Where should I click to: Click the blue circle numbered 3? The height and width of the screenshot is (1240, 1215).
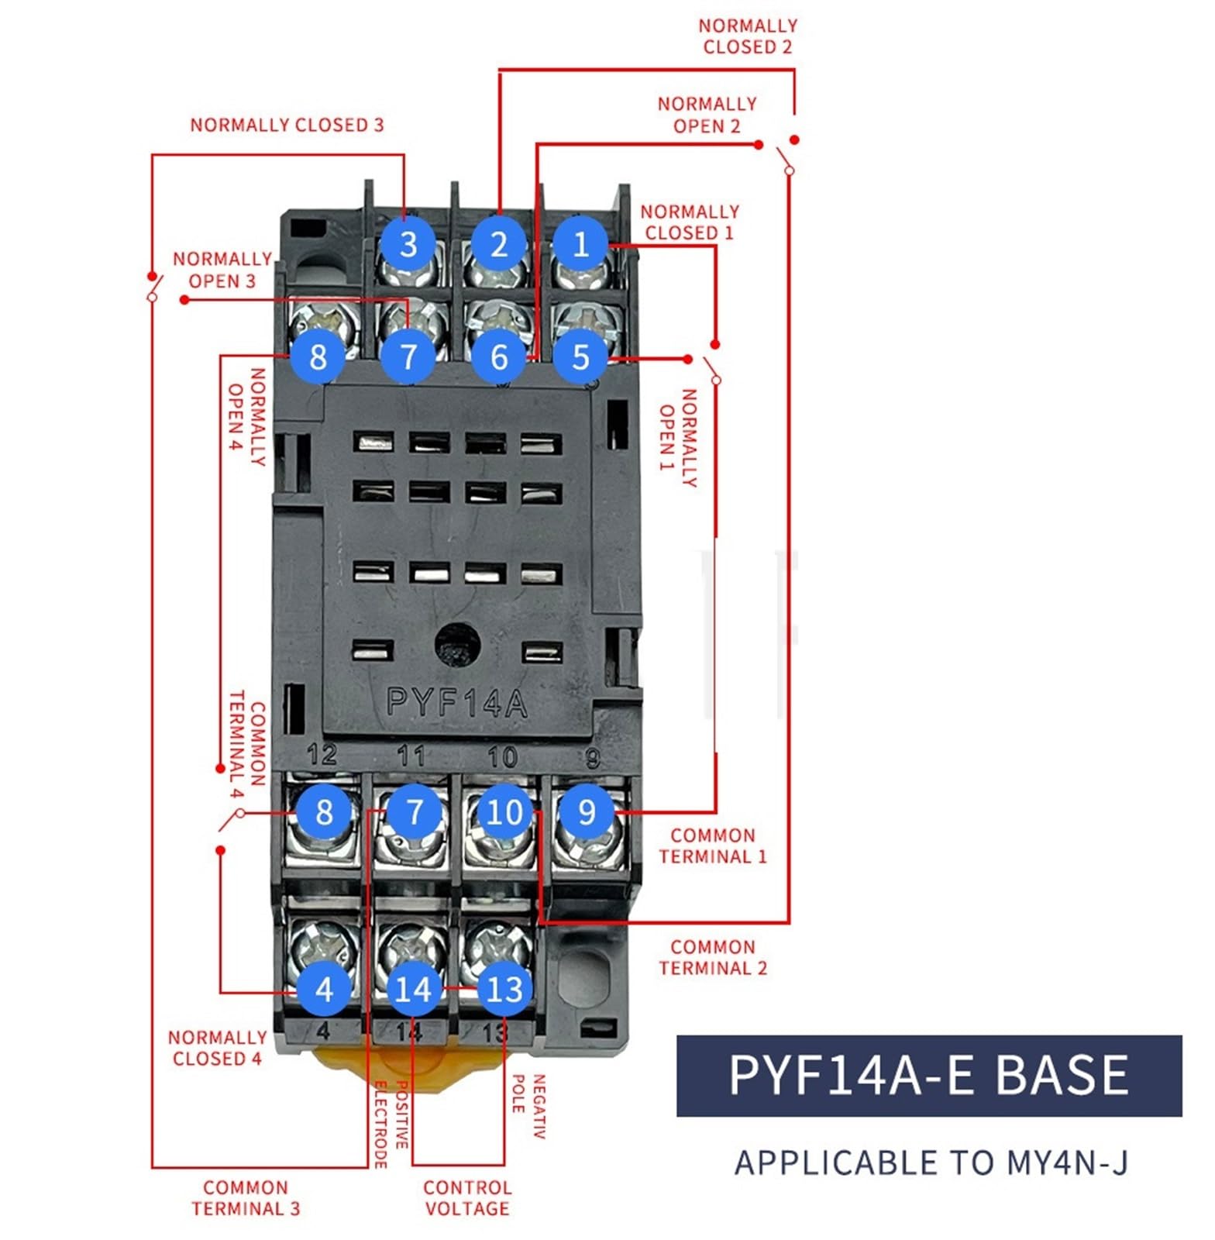[x=408, y=244]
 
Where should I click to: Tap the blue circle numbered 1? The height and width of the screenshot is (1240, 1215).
[x=580, y=244]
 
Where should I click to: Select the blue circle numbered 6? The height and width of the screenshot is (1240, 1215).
[x=498, y=356]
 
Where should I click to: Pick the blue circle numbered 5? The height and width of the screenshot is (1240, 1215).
[x=580, y=356]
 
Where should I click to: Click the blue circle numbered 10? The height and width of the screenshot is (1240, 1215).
[x=504, y=811]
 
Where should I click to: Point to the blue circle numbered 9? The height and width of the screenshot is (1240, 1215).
[x=587, y=811]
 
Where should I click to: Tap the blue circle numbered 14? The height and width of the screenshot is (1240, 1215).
[x=413, y=989]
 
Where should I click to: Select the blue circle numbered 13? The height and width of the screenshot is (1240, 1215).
[x=504, y=989]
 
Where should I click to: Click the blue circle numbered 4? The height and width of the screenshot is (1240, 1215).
[x=324, y=989]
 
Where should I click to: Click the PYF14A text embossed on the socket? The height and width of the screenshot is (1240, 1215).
[x=457, y=703]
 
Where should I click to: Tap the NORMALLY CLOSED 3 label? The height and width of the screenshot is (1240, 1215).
[x=287, y=125]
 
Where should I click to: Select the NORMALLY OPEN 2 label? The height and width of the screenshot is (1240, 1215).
[x=707, y=115]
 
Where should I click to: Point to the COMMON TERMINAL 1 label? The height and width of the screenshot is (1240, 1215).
[x=712, y=846]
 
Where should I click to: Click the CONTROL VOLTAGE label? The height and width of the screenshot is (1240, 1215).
[x=467, y=1197]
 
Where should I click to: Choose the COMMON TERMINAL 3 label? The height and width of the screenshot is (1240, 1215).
[x=246, y=1197]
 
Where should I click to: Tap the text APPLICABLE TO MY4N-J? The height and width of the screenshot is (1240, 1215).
[x=931, y=1162]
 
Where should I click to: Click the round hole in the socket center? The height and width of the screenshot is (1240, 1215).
[x=458, y=644]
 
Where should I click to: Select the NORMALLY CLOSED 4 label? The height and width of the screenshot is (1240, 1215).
[x=218, y=1047]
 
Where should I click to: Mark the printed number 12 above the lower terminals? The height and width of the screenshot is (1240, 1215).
[x=322, y=754]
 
